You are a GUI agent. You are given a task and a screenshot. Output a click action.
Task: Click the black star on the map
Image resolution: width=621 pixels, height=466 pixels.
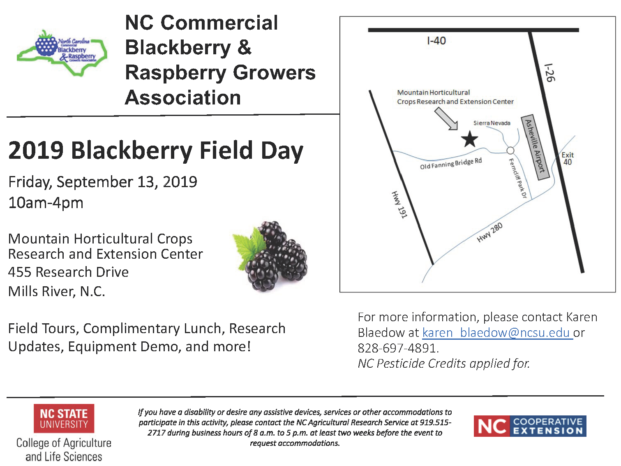coord(469,139)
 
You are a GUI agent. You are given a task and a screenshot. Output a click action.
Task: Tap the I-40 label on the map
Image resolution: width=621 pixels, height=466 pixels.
coord(436,41)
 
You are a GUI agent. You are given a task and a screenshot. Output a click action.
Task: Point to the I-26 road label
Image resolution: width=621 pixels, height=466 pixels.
coord(549,72)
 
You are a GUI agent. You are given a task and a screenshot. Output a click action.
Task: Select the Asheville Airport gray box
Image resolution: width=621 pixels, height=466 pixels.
coord(536,147)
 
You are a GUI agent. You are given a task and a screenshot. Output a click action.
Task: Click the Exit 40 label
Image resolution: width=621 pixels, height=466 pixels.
coord(568,158)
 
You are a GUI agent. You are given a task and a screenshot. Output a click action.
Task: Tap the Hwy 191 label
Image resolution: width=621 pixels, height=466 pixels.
coord(399,204)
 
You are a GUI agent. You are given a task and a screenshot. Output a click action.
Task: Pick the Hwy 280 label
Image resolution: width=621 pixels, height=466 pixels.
coord(489,233)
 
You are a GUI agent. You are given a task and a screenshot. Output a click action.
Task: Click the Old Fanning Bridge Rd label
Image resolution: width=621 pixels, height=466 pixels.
coord(451,163)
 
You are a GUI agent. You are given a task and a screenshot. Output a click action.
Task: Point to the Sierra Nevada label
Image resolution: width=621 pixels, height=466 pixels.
coord(492,123)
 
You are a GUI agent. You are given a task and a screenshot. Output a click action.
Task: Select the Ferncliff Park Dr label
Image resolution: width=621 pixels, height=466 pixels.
coord(517,178)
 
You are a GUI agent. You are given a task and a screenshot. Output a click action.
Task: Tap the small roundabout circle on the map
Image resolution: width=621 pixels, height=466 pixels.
coord(510,151)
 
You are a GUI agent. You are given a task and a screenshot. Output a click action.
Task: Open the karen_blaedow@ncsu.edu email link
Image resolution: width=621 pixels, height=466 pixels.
coord(497,332)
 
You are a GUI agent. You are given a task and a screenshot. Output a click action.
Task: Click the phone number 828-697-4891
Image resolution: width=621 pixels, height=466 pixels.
coord(397,348)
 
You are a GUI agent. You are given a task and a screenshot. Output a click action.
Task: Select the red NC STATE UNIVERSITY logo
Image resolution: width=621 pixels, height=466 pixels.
coord(64,418)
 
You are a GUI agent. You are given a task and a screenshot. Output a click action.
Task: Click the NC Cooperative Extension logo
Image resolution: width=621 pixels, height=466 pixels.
coord(530,426)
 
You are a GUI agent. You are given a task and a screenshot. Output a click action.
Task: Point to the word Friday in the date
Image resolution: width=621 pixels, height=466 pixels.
coord(30,182)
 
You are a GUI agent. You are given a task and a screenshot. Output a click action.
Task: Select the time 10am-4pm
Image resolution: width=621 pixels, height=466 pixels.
coord(46,203)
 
